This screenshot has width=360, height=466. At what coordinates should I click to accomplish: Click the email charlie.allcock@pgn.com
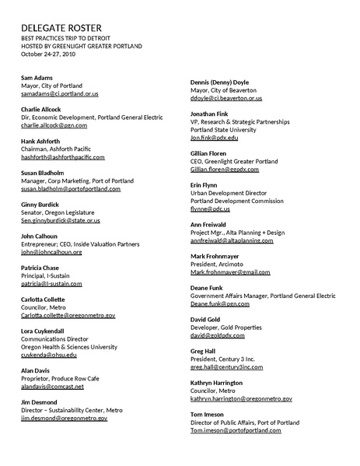click(x=54, y=125)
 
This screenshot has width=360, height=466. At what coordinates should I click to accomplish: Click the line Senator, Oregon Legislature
click(x=58, y=212)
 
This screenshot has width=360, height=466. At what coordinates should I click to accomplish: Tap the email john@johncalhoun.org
click(x=51, y=252)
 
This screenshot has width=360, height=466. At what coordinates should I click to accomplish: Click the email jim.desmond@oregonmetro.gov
click(x=64, y=419)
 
